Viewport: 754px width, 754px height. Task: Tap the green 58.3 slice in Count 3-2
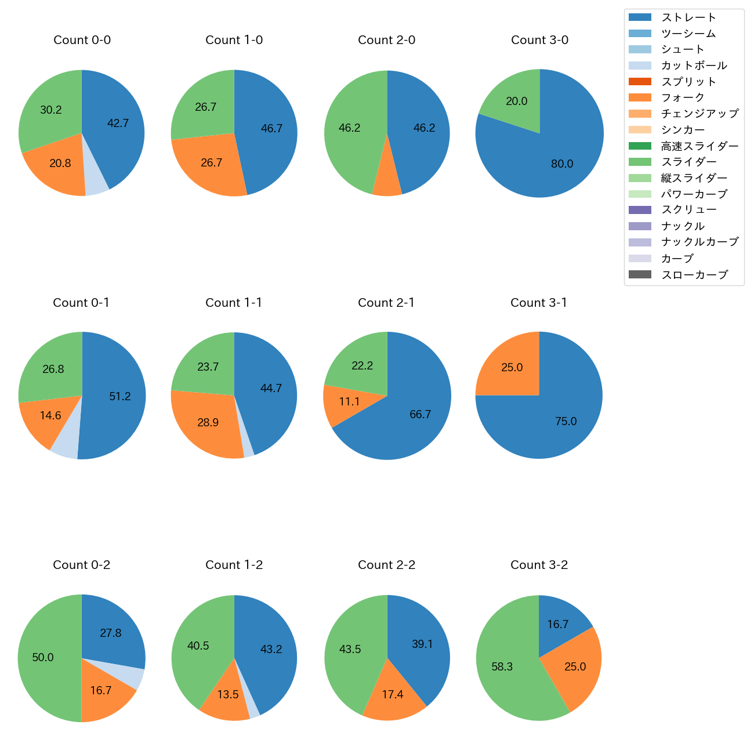pos(505,667)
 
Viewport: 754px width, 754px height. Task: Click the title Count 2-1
pos(386,303)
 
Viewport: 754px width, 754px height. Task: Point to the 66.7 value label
pos(420,415)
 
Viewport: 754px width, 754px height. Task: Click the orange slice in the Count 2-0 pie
pos(387,180)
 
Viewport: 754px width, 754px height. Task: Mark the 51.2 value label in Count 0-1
pos(120,397)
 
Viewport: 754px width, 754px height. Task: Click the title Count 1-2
pos(234,565)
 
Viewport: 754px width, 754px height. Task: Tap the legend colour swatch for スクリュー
pos(640,210)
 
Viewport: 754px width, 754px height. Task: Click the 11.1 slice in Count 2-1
pos(348,402)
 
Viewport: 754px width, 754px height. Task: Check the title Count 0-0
pos(82,40)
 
